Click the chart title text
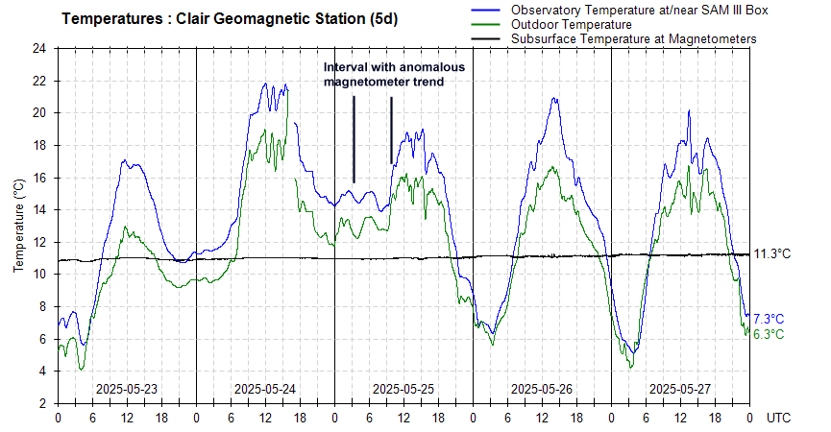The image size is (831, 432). pos(230,18)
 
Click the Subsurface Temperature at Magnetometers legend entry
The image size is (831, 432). pos(634,38)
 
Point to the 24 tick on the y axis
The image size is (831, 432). pos(39,48)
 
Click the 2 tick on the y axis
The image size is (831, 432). pos(43,403)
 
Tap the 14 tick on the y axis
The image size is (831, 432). pos(39,209)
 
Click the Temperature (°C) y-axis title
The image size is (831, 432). pos(18,226)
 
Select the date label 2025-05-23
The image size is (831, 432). pos(127,389)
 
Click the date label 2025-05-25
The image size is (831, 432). pos(403,389)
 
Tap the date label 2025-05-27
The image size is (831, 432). pos(680,389)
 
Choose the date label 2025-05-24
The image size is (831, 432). pos(265,389)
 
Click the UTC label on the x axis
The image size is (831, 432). pos(779,419)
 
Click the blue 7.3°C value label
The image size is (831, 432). pos(769,319)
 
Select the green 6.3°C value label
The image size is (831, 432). pos(769,334)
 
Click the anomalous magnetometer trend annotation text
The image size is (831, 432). pos(394,75)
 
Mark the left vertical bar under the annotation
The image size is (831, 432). pos(354,139)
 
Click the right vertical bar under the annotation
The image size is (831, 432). pos(391,130)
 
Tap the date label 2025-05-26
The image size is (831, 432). pos(542,389)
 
